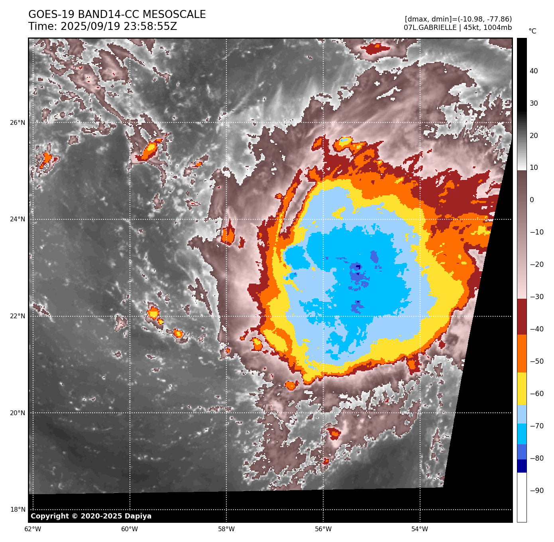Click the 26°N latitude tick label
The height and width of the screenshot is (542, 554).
click(x=17, y=122)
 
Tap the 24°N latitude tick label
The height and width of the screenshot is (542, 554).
click(x=17, y=219)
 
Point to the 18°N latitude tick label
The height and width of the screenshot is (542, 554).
click(x=17, y=510)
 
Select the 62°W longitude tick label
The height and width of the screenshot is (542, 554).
click(x=33, y=529)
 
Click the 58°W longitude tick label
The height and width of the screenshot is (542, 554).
click(x=226, y=529)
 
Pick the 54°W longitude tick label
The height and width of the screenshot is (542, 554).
click(x=420, y=529)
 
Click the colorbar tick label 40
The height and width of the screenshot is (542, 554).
click(x=534, y=71)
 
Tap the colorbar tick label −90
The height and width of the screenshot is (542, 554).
click(x=536, y=491)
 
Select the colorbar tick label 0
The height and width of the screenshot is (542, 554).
click(x=532, y=200)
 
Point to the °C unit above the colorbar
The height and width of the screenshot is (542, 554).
click(x=532, y=31)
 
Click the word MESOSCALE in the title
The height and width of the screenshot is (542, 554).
click(x=174, y=15)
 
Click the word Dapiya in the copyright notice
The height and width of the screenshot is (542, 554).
click(x=138, y=516)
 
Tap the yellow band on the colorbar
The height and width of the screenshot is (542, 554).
click(x=522, y=388)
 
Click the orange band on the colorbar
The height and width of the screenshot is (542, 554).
click(x=522, y=353)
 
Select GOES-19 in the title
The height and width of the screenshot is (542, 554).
click(x=51, y=15)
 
